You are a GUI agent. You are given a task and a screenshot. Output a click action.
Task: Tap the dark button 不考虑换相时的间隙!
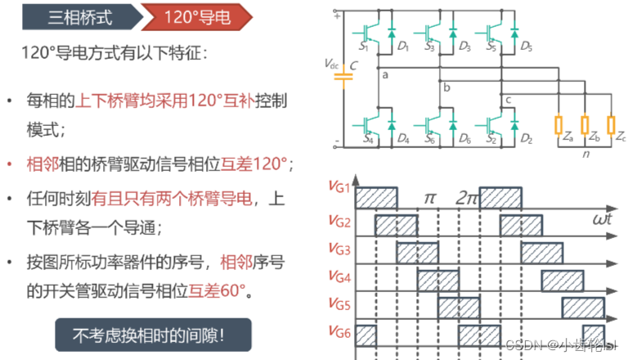(x=148, y=335)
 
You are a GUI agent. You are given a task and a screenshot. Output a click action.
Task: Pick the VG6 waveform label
(x=339, y=332)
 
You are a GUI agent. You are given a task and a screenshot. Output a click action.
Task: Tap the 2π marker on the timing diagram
(x=468, y=198)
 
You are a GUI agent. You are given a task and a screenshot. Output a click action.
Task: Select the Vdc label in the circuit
(x=330, y=65)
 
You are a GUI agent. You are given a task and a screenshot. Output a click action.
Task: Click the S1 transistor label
(x=364, y=47)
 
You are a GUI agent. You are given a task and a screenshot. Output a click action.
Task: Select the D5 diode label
(x=526, y=47)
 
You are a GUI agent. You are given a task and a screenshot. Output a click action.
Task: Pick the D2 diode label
(x=526, y=140)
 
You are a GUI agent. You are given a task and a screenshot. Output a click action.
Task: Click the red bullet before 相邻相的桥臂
(x=9, y=164)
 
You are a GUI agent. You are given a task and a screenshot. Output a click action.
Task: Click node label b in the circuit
(x=446, y=88)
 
